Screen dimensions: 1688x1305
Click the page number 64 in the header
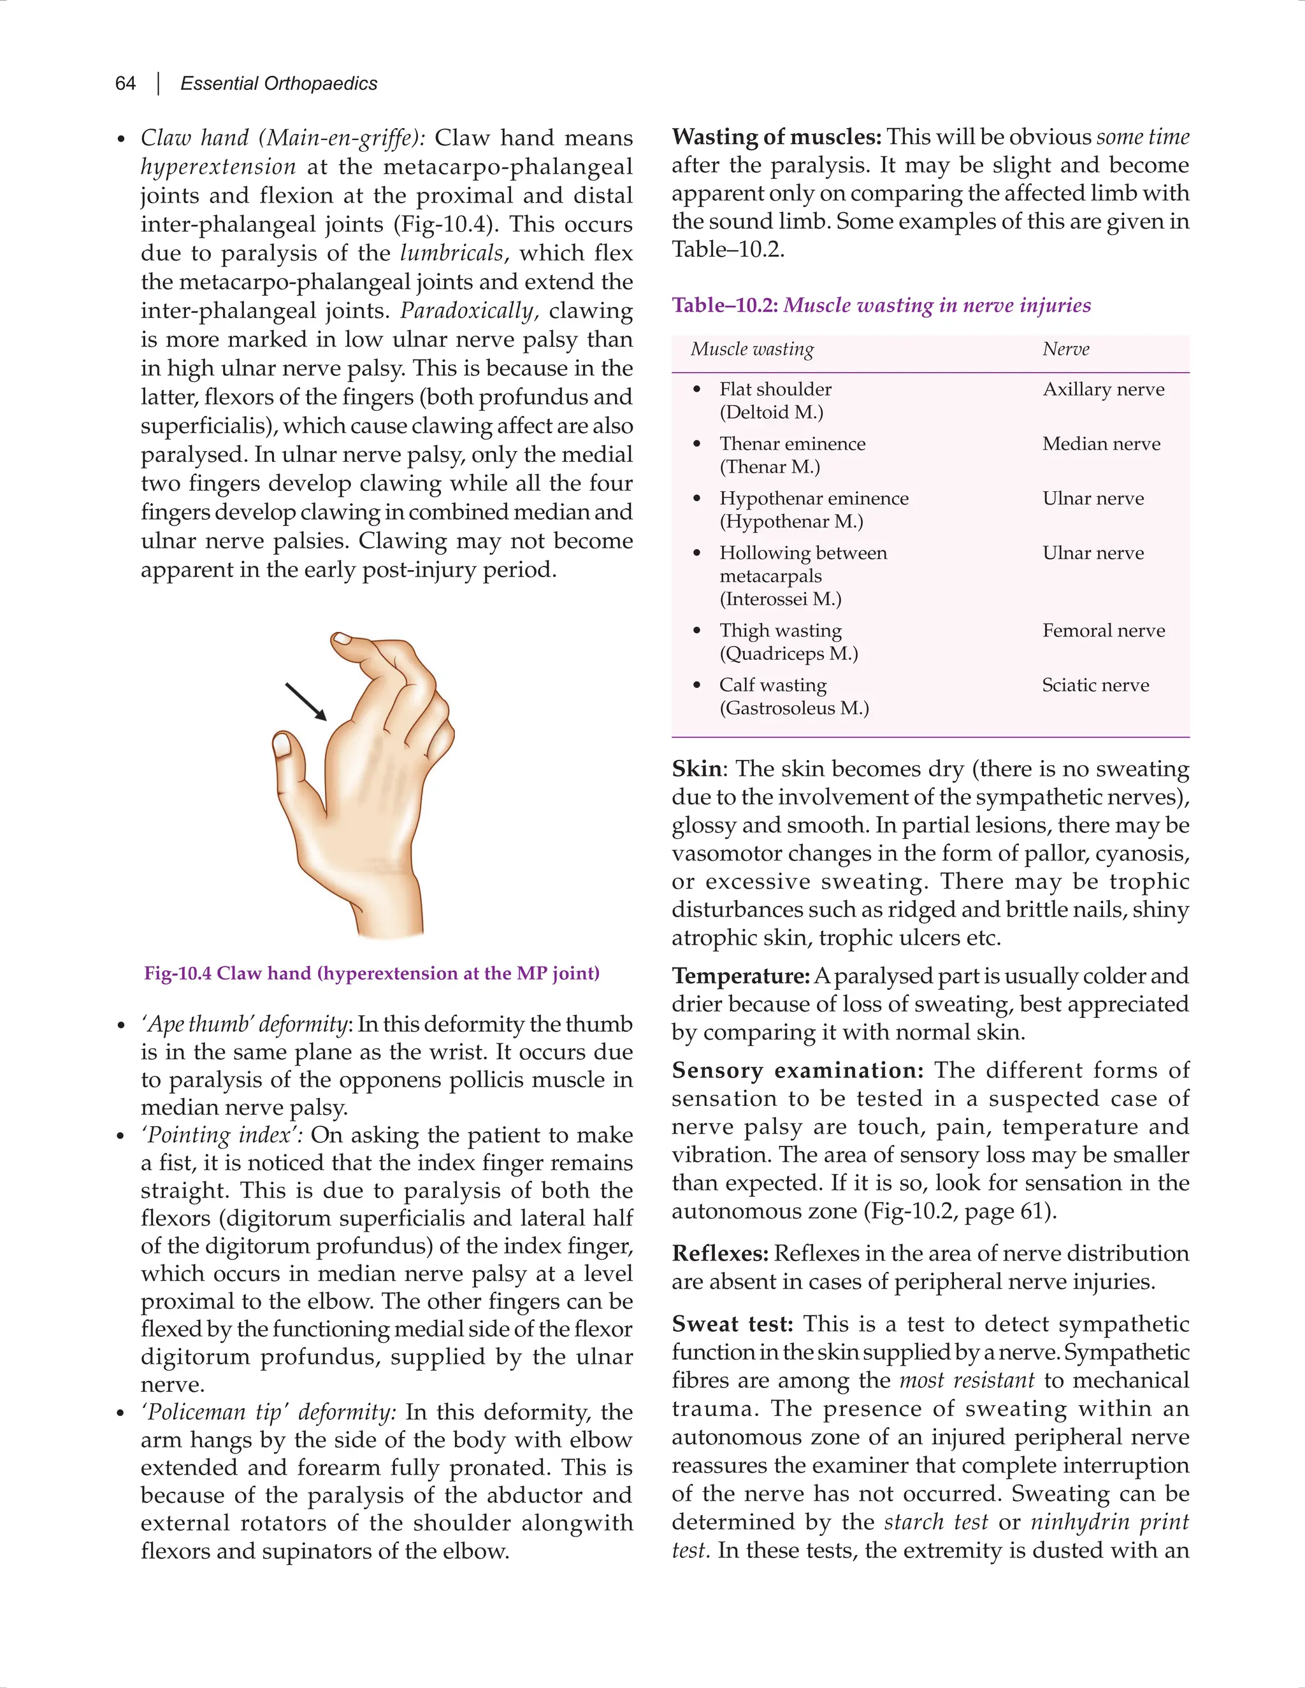tap(126, 83)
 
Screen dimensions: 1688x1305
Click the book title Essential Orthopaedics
tap(278, 83)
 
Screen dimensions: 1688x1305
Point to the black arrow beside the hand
tap(306, 702)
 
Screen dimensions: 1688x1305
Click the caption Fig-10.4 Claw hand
tap(371, 973)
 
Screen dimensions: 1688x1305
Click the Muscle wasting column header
tap(753, 349)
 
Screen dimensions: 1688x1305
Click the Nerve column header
tap(1065, 349)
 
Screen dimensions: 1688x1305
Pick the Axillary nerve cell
tap(1103, 390)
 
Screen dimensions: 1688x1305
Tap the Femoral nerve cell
tap(1103, 631)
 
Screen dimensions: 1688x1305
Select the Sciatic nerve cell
tap(1095, 685)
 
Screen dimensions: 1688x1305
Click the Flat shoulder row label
tap(775, 390)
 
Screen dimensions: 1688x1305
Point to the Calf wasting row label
tap(773, 685)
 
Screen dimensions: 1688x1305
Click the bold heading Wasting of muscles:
tap(776, 138)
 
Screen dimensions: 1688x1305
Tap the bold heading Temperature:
tap(740, 976)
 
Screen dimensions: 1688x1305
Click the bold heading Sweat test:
tap(732, 1324)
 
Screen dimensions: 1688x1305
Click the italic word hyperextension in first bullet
tap(218, 167)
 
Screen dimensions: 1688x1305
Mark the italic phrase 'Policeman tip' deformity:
tap(268, 1412)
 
